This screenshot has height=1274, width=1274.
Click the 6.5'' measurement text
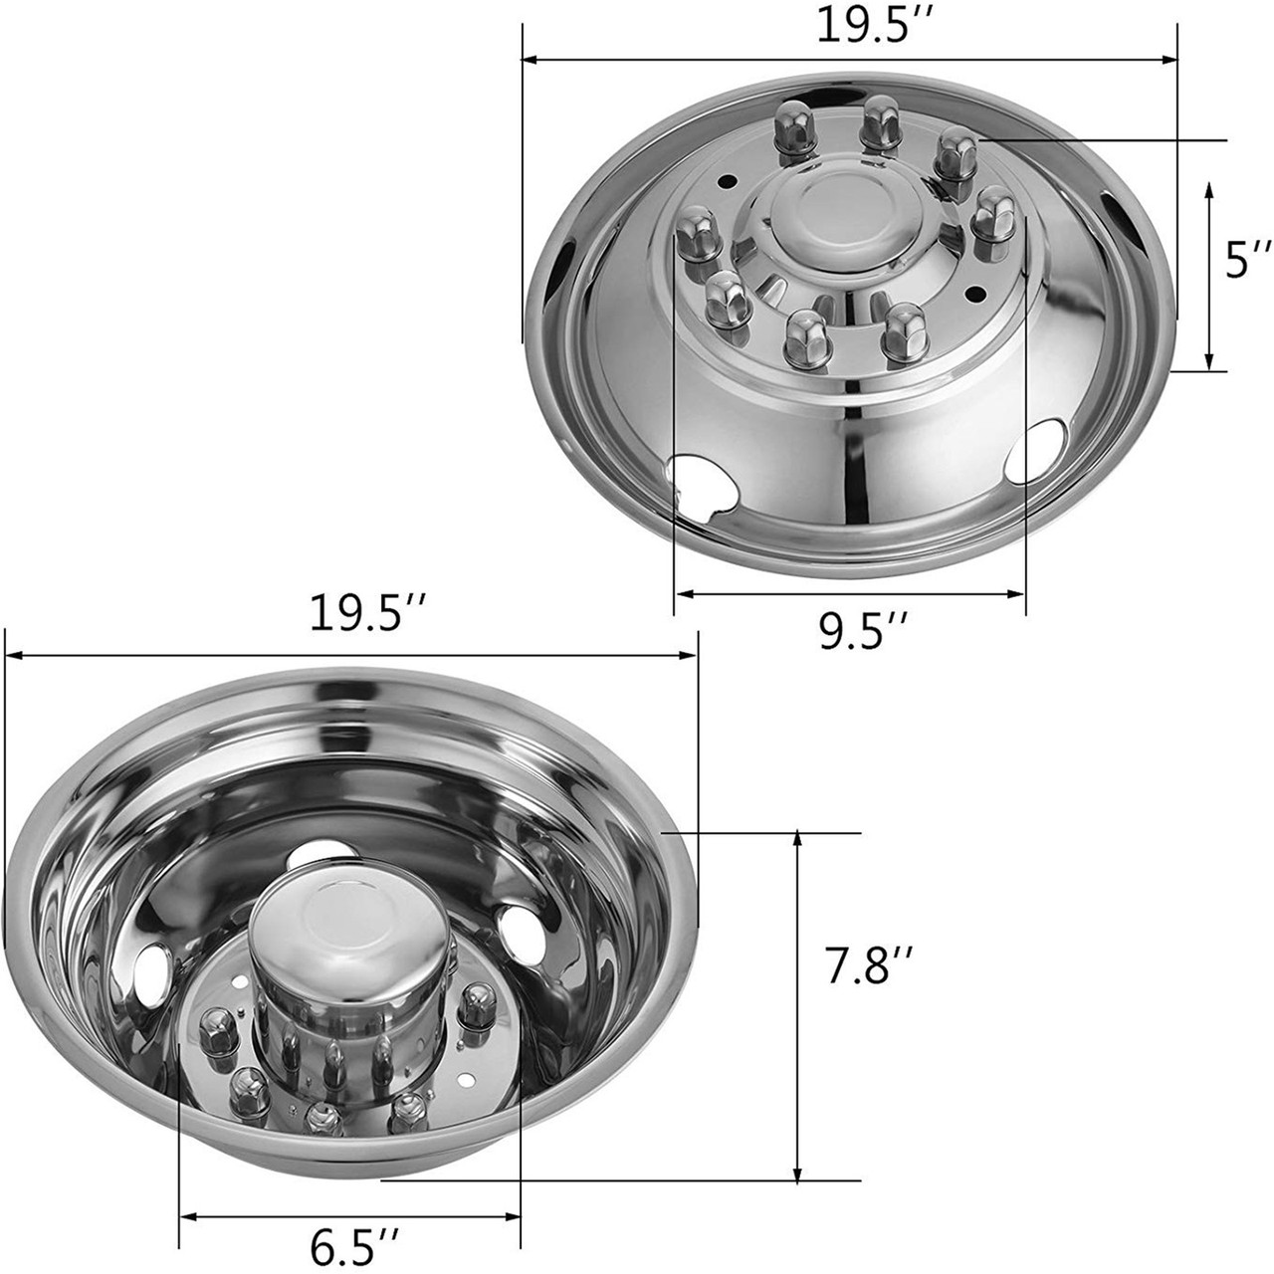pos(354,1245)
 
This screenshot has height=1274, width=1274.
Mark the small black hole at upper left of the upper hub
pos(756,182)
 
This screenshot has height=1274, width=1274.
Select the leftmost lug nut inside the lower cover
pos(213,1024)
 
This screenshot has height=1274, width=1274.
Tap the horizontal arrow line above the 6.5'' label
pos(349,1216)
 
